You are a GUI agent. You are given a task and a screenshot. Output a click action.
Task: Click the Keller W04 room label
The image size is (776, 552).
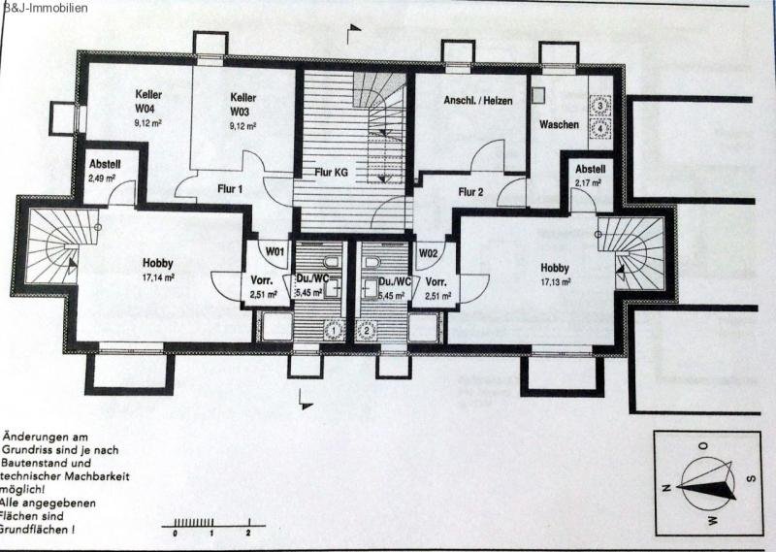click(x=148, y=101)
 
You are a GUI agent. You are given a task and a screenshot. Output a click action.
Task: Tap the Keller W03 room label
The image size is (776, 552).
click(x=242, y=104)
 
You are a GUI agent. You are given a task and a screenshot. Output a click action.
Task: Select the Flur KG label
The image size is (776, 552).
click(x=332, y=172)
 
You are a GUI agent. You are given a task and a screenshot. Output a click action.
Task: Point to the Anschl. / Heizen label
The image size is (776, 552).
click(x=477, y=101)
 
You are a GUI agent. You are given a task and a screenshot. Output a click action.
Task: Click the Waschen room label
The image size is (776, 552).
click(x=560, y=125)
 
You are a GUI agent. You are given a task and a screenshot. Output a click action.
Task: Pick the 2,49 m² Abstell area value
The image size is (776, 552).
click(x=102, y=179)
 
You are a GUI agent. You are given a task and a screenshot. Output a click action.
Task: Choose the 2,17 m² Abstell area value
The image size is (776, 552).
click(x=589, y=182)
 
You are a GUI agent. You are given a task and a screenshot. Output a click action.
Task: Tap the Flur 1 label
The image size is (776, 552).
click(x=228, y=189)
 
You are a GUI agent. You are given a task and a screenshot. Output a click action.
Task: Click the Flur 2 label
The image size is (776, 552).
click(x=469, y=191)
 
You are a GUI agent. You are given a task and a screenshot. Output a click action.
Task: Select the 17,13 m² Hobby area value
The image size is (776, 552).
click(x=555, y=281)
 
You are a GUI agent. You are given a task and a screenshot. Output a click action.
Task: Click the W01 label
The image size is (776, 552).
click(x=275, y=251)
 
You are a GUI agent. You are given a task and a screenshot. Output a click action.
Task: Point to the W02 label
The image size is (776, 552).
click(x=428, y=252)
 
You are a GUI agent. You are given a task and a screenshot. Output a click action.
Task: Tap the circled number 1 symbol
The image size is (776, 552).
click(x=333, y=330)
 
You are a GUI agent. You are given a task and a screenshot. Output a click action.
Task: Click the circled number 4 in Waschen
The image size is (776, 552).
click(x=602, y=126)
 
